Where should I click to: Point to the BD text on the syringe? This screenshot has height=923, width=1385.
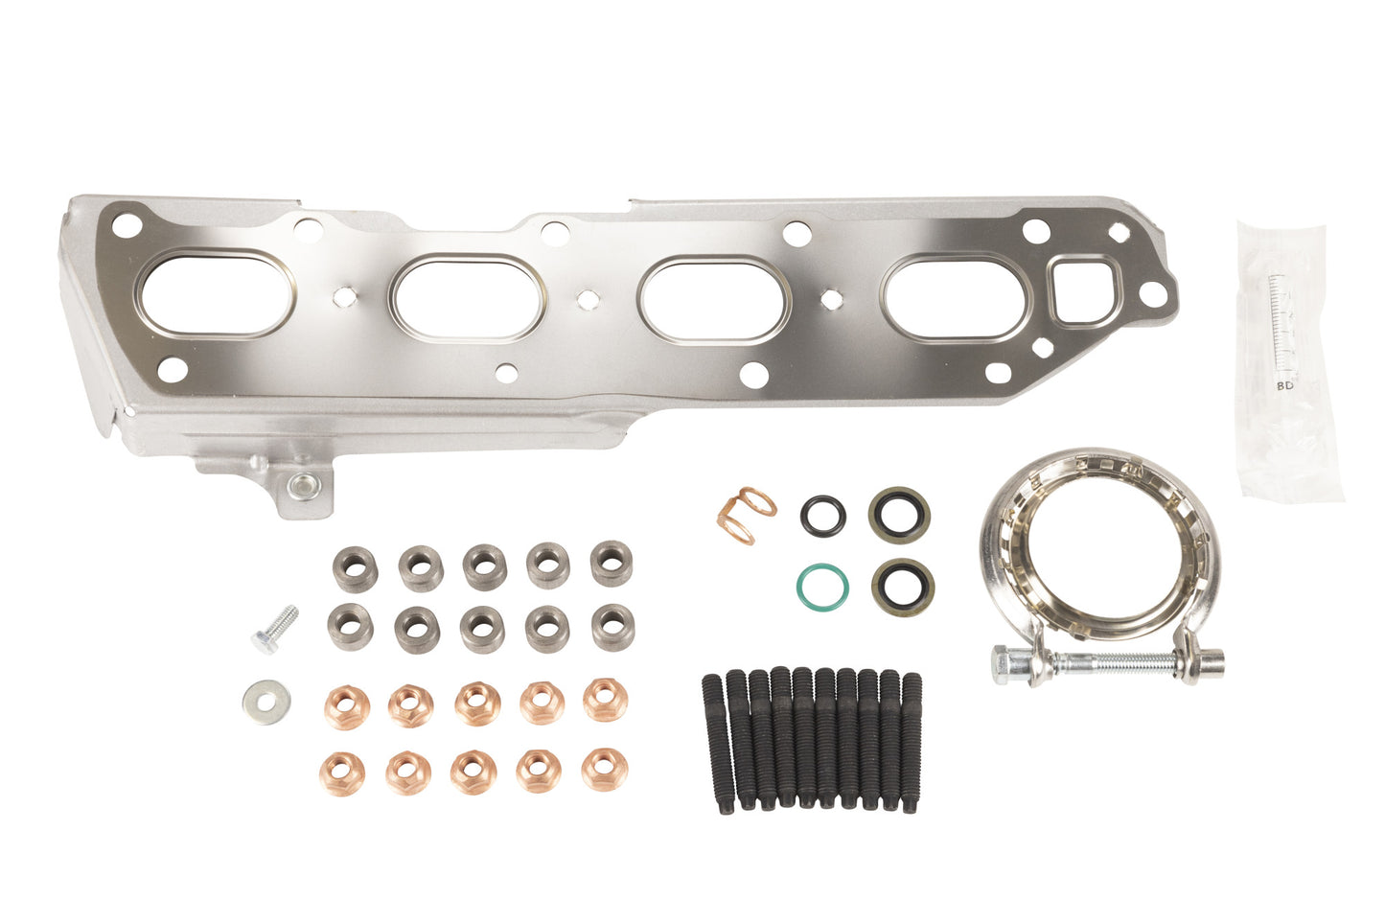(1284, 385)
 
